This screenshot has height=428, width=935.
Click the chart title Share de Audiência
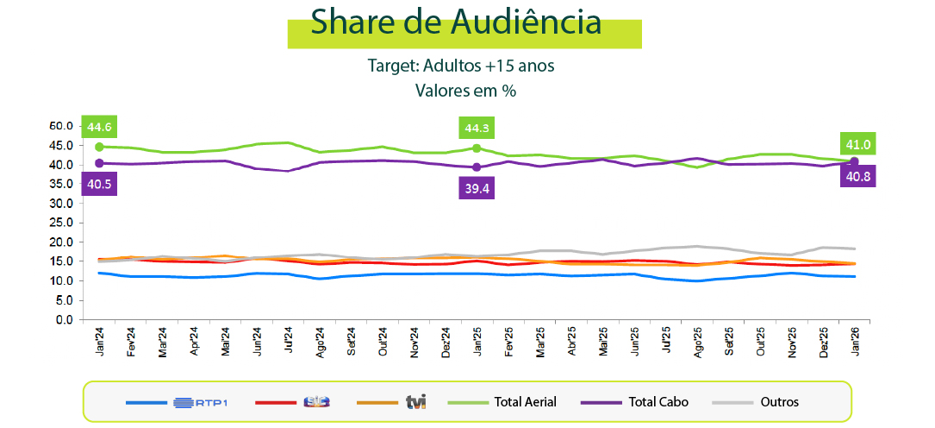click(x=456, y=22)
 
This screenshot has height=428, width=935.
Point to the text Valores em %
click(x=465, y=91)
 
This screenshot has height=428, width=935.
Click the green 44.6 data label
click(x=99, y=128)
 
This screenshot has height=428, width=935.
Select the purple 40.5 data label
click(x=99, y=184)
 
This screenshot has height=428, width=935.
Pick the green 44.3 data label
click(x=477, y=129)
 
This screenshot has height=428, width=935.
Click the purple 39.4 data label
click(x=477, y=189)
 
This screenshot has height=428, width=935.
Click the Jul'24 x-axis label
click(x=289, y=339)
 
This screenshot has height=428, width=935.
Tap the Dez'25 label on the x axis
click(x=823, y=339)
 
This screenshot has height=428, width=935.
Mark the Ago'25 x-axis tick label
click(x=697, y=339)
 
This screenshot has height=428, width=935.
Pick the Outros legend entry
click(x=779, y=401)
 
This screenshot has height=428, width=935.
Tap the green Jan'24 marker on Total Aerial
click(x=99, y=147)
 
